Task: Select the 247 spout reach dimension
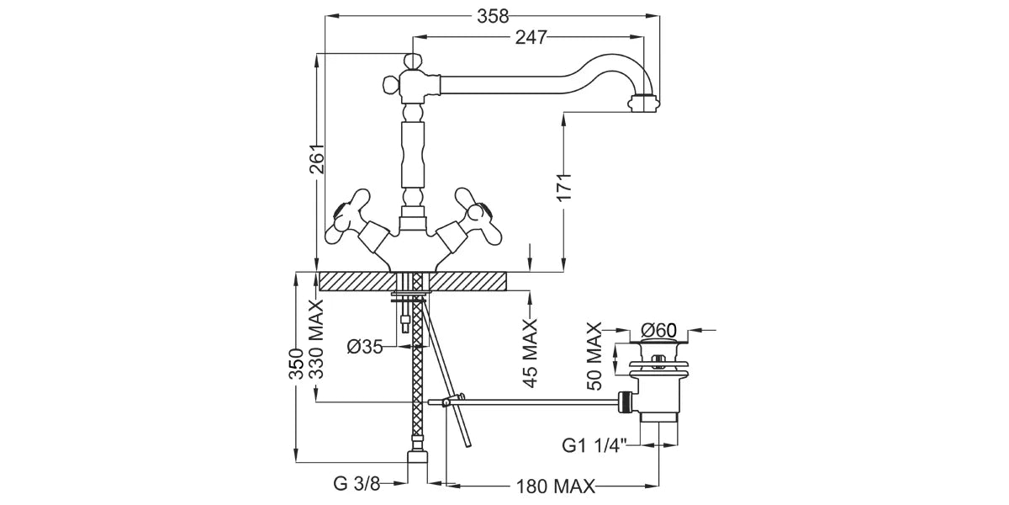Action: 531,37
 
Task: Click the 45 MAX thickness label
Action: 530,353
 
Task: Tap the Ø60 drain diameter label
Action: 658,330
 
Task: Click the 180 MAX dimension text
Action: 555,486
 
